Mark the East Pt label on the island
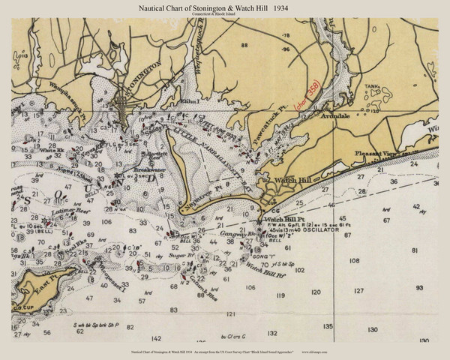46,280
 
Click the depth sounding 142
156,339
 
